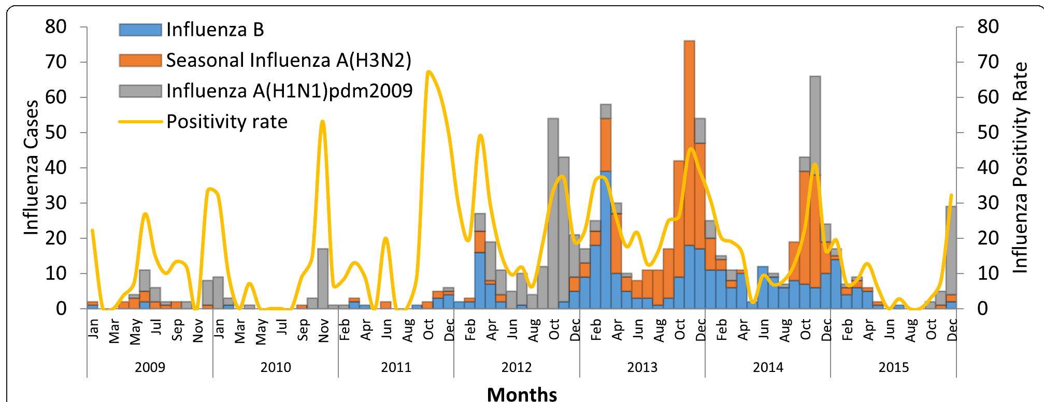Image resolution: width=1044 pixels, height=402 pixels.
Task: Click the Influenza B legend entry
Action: pyautogui.click(x=215, y=30)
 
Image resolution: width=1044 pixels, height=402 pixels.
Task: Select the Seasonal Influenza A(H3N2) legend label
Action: pyautogui.click(x=288, y=61)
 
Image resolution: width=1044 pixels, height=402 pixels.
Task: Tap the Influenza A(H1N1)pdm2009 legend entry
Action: pyautogui.click(x=289, y=91)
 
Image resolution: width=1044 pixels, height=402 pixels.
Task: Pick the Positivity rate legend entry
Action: pyautogui.click(x=226, y=122)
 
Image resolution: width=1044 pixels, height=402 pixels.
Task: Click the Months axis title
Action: pyautogui.click(x=522, y=394)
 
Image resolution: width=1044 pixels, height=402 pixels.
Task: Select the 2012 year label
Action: pyautogui.click(x=517, y=368)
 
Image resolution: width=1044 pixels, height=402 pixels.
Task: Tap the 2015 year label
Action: pyautogui.click(x=894, y=368)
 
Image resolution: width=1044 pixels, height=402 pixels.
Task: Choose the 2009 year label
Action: pyautogui.click(x=150, y=368)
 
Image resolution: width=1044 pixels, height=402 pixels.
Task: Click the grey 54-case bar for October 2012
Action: pyautogui.click(x=553, y=207)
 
